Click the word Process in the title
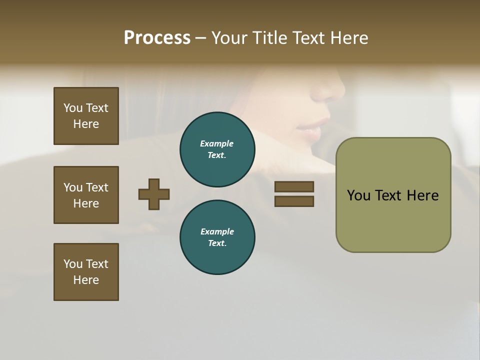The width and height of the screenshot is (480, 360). pyautogui.click(x=157, y=38)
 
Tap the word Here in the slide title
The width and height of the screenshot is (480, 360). pyautogui.click(x=349, y=38)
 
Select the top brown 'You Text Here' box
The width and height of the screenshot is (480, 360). pyautogui.click(x=86, y=116)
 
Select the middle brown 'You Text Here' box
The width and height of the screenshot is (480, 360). pyautogui.click(x=86, y=195)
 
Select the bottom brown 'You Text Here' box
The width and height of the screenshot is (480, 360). pyautogui.click(x=86, y=272)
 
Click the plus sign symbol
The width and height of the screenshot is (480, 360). pyautogui.click(x=154, y=194)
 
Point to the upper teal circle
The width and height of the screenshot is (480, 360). pyautogui.click(x=217, y=149)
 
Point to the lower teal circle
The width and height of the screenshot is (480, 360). pyautogui.click(x=217, y=237)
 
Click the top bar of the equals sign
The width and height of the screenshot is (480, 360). pyautogui.click(x=294, y=186)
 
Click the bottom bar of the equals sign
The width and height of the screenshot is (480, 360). pyautogui.click(x=294, y=201)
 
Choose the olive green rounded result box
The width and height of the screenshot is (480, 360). pyautogui.click(x=393, y=195)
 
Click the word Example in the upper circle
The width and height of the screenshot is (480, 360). pyautogui.click(x=217, y=143)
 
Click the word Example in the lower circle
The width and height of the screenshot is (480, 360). pyautogui.click(x=217, y=231)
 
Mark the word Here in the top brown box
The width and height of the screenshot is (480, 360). pyautogui.click(x=86, y=124)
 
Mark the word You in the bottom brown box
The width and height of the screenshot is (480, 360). pyautogui.click(x=73, y=264)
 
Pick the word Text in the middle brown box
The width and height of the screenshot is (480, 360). pyautogui.click(x=97, y=187)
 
